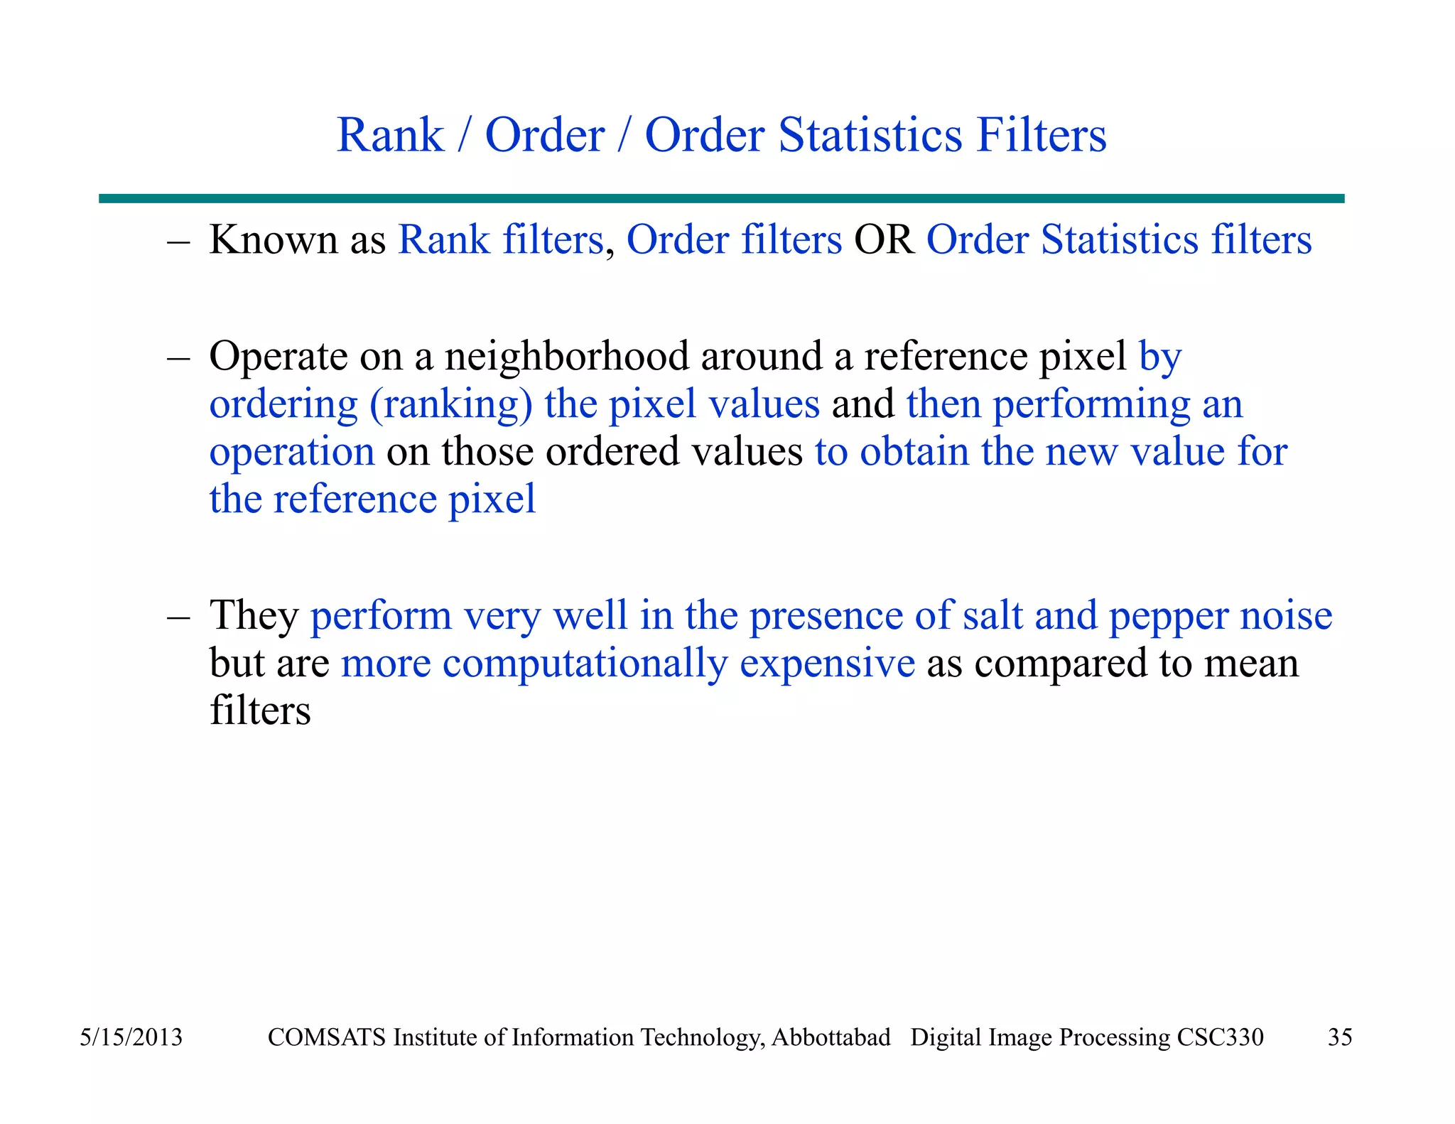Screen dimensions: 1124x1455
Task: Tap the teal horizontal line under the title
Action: (x=721, y=199)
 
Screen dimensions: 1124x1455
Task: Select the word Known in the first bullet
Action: (x=273, y=239)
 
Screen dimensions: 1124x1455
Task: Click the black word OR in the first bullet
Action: (x=884, y=239)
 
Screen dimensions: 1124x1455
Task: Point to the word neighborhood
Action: (x=567, y=356)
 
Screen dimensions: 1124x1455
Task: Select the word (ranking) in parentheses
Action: (x=450, y=404)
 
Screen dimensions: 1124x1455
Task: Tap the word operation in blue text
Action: (x=292, y=453)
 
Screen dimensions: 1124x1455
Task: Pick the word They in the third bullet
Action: (x=254, y=615)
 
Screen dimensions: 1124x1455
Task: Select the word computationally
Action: (x=585, y=664)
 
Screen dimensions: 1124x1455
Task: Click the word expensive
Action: (x=827, y=664)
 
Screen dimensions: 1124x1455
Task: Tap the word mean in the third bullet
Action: (x=1250, y=664)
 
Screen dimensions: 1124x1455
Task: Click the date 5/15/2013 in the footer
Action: (x=131, y=1037)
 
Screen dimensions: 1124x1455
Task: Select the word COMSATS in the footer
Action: (x=328, y=1037)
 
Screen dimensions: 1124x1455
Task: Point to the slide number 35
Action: (x=1340, y=1037)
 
